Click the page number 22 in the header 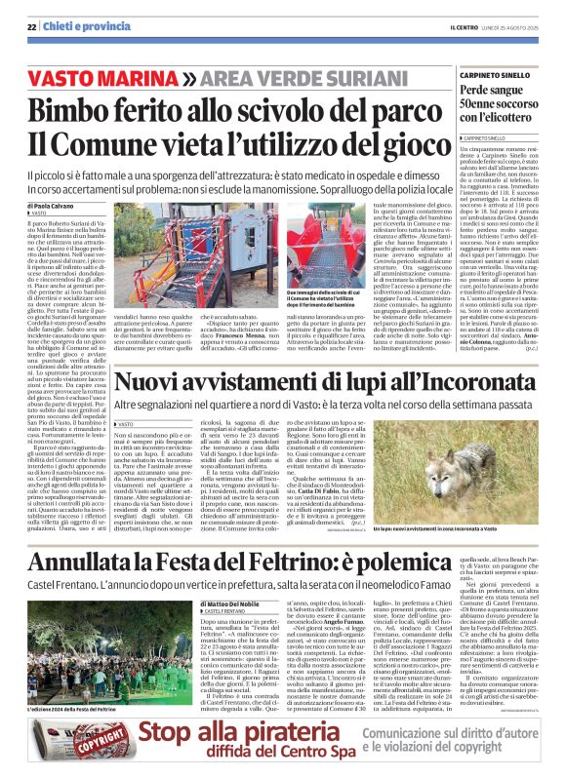point(32,26)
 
